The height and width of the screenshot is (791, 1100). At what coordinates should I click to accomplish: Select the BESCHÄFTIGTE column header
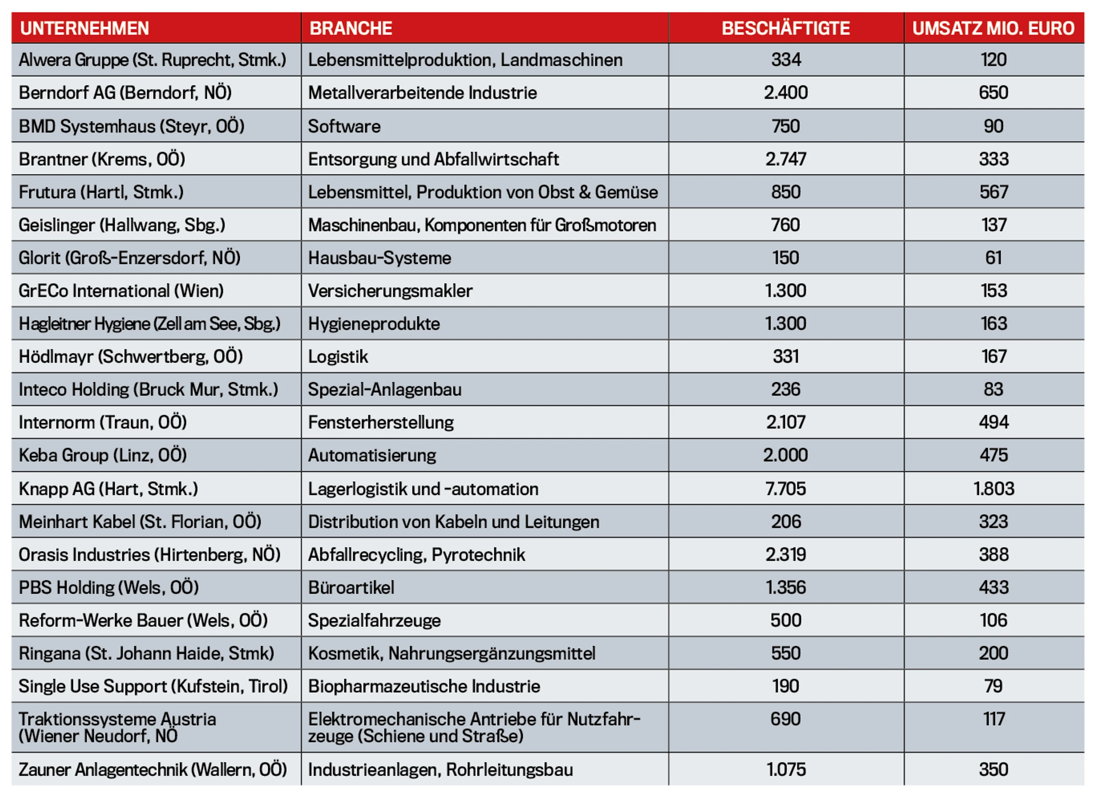click(786, 28)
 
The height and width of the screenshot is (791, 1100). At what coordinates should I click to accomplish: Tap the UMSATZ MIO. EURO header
click(993, 28)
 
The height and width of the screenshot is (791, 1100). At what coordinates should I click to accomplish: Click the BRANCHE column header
click(351, 28)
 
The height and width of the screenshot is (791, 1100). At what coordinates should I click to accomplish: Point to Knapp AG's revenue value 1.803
click(994, 488)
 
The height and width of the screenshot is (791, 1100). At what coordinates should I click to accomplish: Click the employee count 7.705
click(786, 488)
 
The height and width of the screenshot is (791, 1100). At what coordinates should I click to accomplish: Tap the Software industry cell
click(344, 126)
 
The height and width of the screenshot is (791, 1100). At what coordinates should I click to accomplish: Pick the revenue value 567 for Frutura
click(994, 192)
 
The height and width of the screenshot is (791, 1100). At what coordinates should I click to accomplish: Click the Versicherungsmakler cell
click(390, 291)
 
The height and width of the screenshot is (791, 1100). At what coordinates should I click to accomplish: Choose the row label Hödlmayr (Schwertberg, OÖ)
click(131, 356)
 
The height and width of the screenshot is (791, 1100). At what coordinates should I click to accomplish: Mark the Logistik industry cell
click(338, 357)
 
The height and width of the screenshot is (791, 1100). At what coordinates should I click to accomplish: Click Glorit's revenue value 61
click(994, 258)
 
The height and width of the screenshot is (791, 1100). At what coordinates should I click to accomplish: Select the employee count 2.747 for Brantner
click(786, 159)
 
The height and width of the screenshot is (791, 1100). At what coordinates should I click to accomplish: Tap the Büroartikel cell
click(351, 587)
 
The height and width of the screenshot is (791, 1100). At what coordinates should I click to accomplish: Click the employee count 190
click(786, 686)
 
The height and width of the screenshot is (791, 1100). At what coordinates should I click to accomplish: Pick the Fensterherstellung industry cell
click(381, 422)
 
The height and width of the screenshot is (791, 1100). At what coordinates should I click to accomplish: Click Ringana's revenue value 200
click(994, 653)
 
